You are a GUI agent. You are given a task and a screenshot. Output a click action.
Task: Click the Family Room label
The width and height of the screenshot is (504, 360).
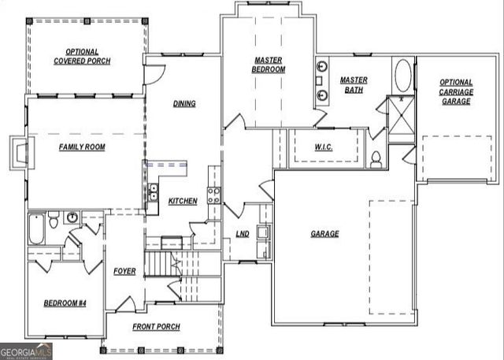(x=82, y=147)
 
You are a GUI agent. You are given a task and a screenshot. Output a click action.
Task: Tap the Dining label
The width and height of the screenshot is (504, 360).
(x=183, y=103)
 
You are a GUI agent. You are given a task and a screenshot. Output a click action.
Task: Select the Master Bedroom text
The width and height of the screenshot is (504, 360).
(x=269, y=65)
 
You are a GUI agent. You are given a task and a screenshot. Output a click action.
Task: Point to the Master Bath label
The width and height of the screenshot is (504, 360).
(x=354, y=85)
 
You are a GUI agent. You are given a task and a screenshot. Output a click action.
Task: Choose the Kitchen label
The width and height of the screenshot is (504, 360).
(x=183, y=201)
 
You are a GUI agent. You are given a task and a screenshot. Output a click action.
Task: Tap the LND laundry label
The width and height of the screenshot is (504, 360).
(x=243, y=234)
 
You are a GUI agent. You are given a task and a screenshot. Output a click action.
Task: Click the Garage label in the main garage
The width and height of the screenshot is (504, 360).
(x=324, y=234)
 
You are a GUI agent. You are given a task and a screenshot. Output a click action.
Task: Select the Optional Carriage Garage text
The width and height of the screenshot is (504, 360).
(x=456, y=91)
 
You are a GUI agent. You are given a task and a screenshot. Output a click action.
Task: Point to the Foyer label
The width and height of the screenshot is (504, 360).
(x=124, y=271)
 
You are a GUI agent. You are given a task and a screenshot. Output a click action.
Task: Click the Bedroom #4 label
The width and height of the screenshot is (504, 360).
(x=64, y=303)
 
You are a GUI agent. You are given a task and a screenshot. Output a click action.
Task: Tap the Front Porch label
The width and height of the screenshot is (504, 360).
(x=156, y=327)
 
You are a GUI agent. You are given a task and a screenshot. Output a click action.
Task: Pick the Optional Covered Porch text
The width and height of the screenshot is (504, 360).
(x=82, y=56)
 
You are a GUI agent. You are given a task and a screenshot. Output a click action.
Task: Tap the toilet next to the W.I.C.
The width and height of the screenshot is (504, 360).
(x=376, y=159)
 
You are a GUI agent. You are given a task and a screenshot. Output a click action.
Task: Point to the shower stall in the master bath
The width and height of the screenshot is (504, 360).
(x=402, y=115)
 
